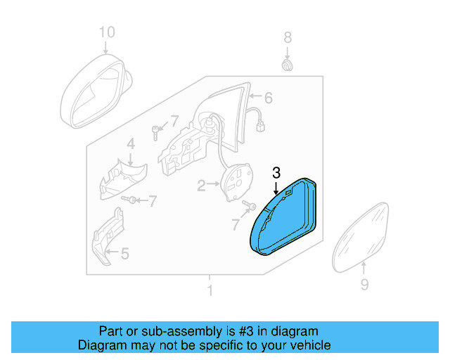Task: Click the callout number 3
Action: click(x=276, y=172)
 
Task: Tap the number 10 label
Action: click(x=105, y=32)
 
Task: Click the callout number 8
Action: click(x=287, y=37)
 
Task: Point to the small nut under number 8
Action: click(x=287, y=65)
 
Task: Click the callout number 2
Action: click(x=200, y=186)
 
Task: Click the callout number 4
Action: click(x=130, y=144)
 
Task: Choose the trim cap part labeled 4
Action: click(x=121, y=180)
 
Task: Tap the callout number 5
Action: click(x=124, y=253)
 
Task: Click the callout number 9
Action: click(x=364, y=285)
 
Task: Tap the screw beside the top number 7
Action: click(x=156, y=130)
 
